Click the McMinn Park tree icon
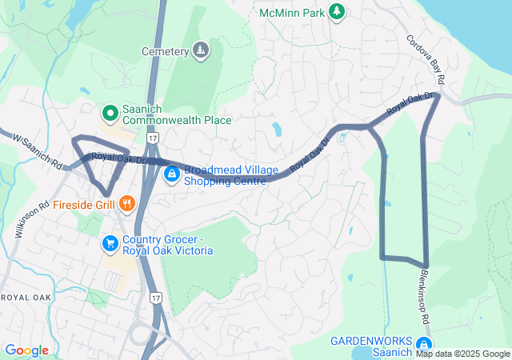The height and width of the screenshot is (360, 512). (x=338, y=10)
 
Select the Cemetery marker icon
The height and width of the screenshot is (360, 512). (x=200, y=51)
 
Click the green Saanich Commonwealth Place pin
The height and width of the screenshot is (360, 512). (x=110, y=113)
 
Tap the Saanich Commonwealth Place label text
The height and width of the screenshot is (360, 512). (x=176, y=114)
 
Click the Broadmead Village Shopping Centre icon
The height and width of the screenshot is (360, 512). (x=171, y=173)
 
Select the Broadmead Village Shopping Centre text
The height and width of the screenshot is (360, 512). (x=231, y=175)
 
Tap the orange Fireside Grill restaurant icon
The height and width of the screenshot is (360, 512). (x=127, y=204)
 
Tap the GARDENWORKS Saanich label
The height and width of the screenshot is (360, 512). (x=372, y=346)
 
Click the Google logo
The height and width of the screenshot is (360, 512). (x=26, y=350)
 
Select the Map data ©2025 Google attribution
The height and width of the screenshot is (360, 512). (x=462, y=354)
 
